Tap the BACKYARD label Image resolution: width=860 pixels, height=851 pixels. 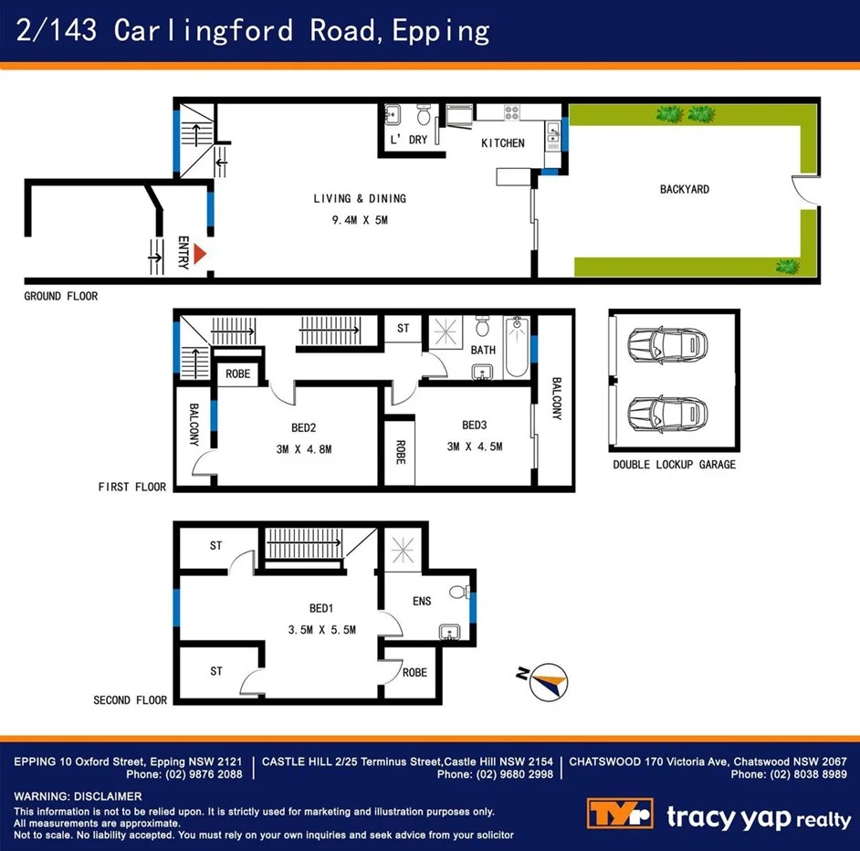(x=684, y=190)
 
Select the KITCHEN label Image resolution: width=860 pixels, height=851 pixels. (x=503, y=143)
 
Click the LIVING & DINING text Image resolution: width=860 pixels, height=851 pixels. (x=360, y=198)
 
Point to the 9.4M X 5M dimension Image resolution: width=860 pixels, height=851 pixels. (x=360, y=219)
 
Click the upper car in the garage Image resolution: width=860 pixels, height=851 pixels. (x=667, y=345)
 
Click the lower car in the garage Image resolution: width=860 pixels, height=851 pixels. (x=667, y=412)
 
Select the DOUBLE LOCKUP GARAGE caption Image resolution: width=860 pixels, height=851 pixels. (x=674, y=465)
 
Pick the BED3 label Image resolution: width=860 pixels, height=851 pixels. (x=475, y=425)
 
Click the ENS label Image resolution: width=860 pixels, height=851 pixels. (x=421, y=601)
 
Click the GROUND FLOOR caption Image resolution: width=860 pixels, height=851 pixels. (x=61, y=296)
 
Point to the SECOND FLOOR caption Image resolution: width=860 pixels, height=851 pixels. (x=130, y=700)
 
